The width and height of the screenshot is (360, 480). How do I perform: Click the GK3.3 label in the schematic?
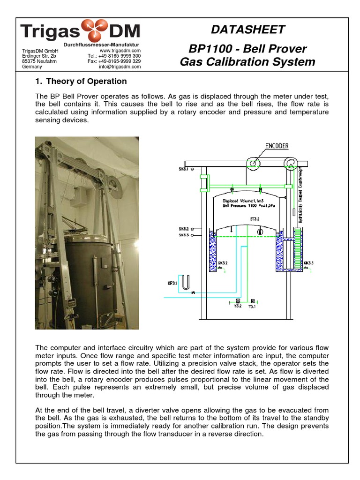tap(308, 263)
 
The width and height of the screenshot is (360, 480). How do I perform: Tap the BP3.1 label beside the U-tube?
tap(173, 283)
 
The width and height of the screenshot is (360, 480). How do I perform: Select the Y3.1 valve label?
tap(252, 307)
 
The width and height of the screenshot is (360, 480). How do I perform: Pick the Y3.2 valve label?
tap(238, 307)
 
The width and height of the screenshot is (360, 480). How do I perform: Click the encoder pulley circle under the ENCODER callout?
tap(254, 163)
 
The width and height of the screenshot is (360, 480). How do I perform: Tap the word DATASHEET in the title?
tap(247, 30)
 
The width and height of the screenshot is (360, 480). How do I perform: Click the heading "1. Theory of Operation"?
tap(81, 81)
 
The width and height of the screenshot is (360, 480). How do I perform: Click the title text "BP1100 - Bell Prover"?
tap(247, 49)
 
